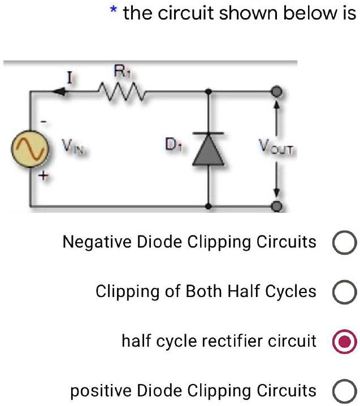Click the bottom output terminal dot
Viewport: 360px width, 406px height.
click(x=276, y=207)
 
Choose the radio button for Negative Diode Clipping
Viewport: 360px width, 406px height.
click(x=344, y=243)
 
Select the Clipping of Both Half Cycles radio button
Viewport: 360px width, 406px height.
click(x=344, y=293)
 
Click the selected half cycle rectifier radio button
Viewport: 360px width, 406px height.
click(x=344, y=342)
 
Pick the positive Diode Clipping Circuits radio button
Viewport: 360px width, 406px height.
click(x=344, y=391)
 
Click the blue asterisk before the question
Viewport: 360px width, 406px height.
click(x=114, y=11)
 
